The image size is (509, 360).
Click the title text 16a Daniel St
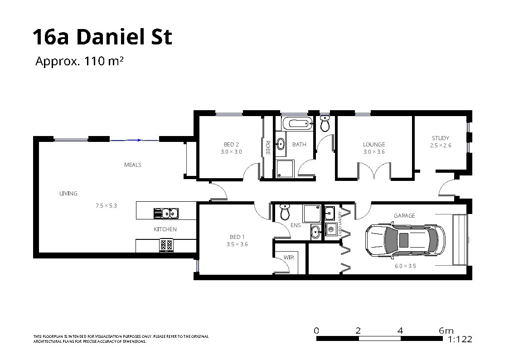(102, 37)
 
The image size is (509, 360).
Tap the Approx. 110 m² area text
(79, 61)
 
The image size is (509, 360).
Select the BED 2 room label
(231, 145)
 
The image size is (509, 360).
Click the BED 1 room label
(237, 237)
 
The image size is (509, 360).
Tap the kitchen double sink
(166, 213)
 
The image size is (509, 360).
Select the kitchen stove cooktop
(166, 245)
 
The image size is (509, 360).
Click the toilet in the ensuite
(285, 211)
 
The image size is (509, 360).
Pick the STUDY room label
(440, 138)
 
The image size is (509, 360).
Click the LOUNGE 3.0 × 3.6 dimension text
(374, 152)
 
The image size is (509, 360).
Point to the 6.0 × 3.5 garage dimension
(405, 266)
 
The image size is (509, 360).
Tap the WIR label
(289, 258)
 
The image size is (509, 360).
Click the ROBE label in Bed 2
(268, 148)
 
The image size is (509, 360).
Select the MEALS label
(133, 165)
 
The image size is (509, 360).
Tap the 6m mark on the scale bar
(446, 331)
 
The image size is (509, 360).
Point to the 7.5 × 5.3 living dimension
(106, 205)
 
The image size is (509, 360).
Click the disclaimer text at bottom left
(121, 339)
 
